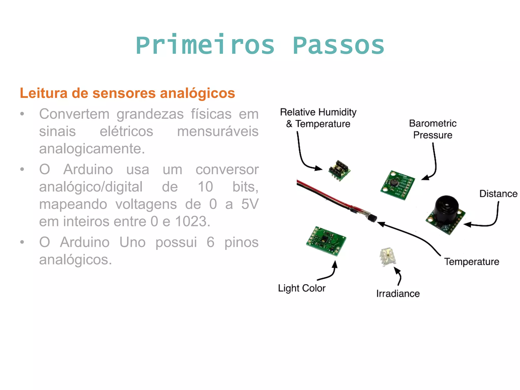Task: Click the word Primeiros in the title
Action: click(x=205, y=46)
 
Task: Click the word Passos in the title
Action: click(x=338, y=46)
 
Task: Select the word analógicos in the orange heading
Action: click(x=197, y=93)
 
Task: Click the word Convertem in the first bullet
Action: click(x=74, y=114)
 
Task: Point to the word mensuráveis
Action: click(x=218, y=132)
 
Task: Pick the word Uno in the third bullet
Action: click(x=132, y=242)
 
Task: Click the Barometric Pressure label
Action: click(x=433, y=129)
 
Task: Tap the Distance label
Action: click(x=498, y=194)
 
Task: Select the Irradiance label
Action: click(x=398, y=294)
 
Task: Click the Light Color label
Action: click(x=302, y=288)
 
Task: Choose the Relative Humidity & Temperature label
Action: click(x=318, y=118)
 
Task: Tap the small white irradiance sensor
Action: click(x=387, y=257)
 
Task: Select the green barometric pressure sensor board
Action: click(x=397, y=185)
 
